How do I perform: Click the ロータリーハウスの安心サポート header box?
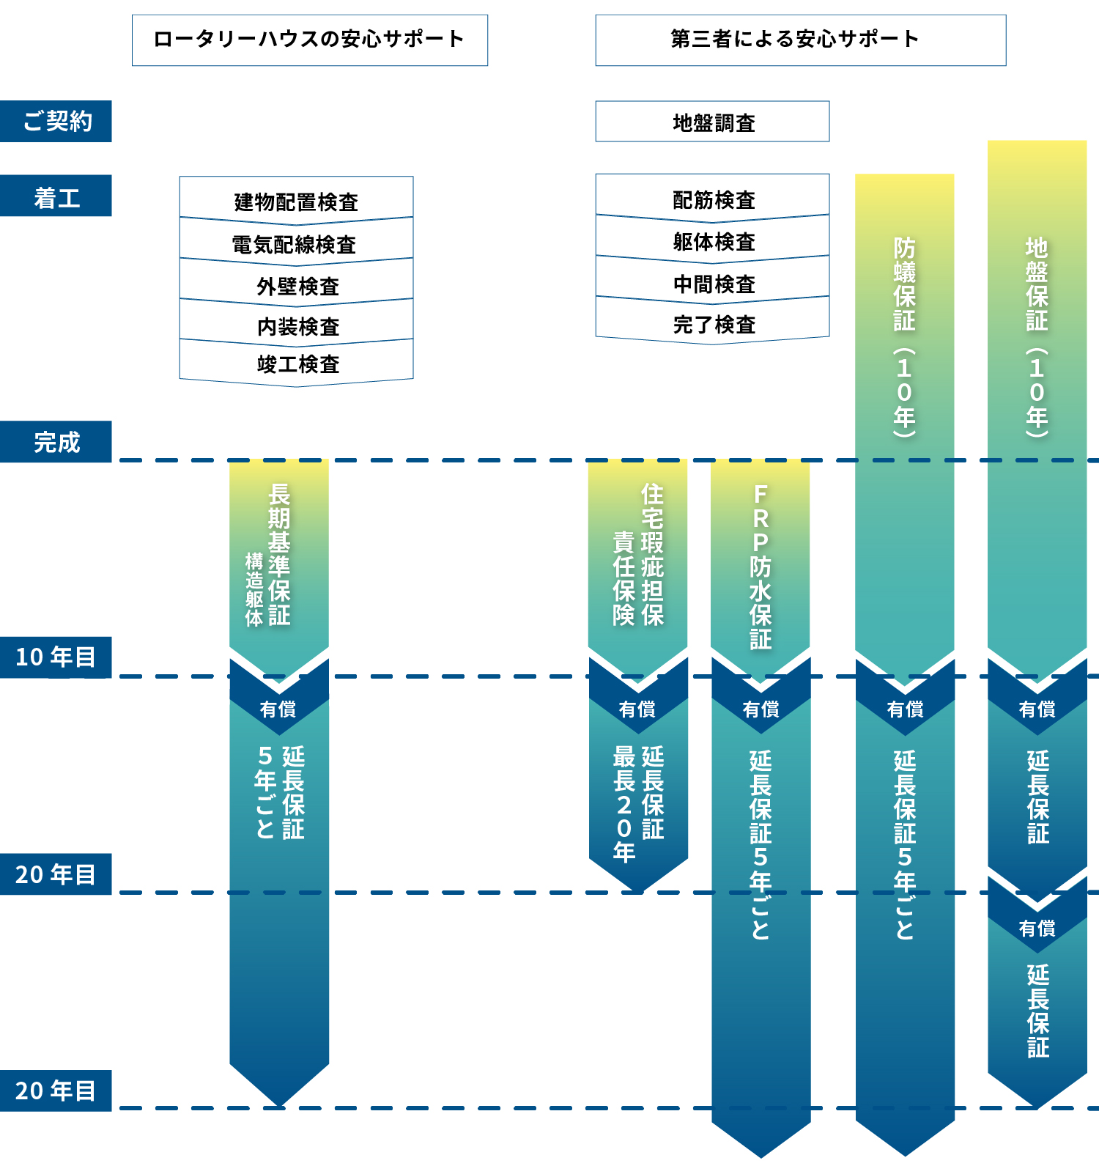pos(309,40)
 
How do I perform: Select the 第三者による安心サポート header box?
pos(800,40)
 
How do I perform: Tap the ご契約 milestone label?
pos(56,121)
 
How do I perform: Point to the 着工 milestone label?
pos(56,196)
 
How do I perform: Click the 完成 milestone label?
pos(56,442)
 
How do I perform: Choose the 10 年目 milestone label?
pos(56,657)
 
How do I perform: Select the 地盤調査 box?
pos(713,122)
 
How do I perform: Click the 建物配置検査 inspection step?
pos(296,201)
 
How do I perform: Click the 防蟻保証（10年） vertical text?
pos(905,337)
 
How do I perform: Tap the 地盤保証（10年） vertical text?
pos(1037,337)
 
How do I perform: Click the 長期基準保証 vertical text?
pos(279,554)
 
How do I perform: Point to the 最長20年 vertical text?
pos(623,804)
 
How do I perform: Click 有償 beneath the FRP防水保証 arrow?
pos(761,709)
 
